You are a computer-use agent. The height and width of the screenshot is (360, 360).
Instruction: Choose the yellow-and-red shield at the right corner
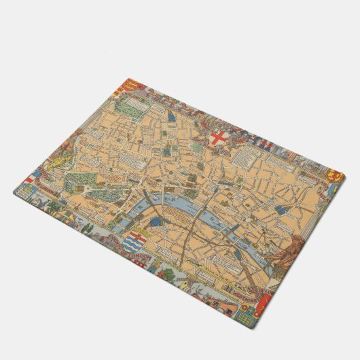pyautogui.click(x=333, y=175)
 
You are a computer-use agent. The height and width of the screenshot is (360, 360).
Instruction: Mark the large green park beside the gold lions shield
pyautogui.click(x=128, y=109)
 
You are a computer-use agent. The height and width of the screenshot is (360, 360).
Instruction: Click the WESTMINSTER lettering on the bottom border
pyautogui.click(x=241, y=291)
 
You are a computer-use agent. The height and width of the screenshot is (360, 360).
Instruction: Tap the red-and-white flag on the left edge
pyautogui.click(x=29, y=181)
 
